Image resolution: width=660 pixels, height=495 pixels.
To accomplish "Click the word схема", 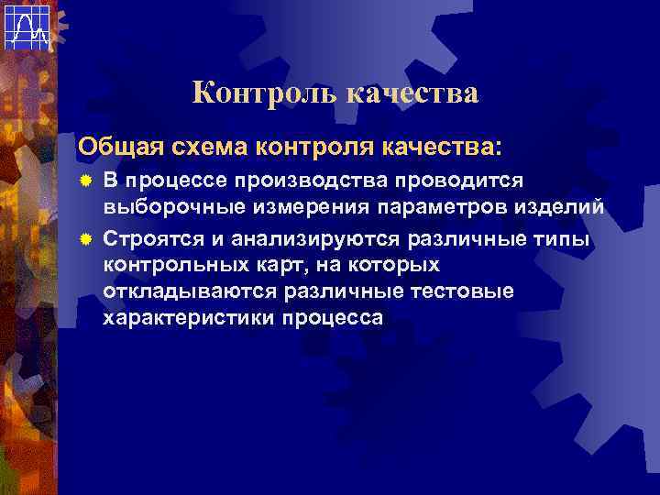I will (x=203, y=146).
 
